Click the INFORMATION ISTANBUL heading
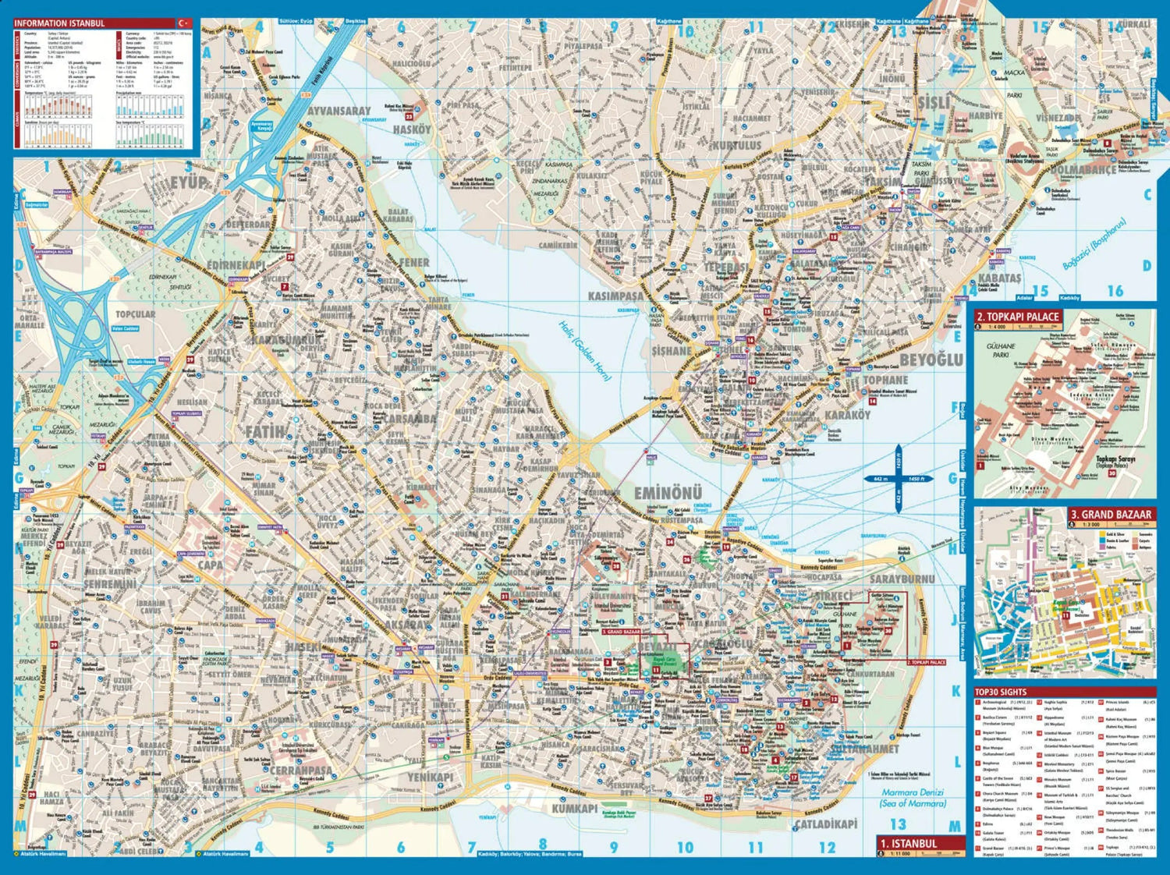click(59, 23)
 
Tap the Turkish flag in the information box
click(186, 23)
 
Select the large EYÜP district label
click(186, 182)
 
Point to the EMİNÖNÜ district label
click(668, 493)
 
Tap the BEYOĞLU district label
click(931, 359)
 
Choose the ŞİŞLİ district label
click(933, 102)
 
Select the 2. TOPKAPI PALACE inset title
click(1019, 317)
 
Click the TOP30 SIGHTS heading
click(1001, 692)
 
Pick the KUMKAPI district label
click(575, 809)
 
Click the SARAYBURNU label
click(902, 579)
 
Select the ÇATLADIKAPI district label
click(825, 824)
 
